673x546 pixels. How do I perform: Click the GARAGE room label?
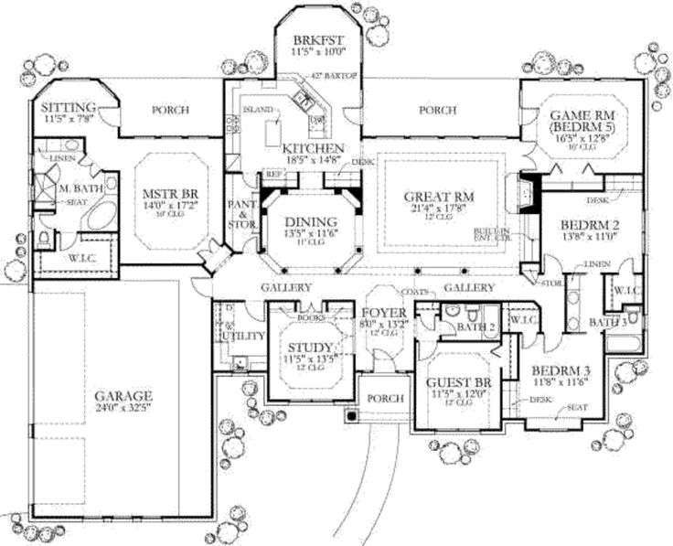point(123,397)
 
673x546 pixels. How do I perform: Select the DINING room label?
point(311,221)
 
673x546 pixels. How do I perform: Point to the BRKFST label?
point(317,40)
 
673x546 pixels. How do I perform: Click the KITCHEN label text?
point(313,148)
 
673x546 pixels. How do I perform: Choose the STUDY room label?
point(306,347)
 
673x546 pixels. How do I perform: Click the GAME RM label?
point(582,115)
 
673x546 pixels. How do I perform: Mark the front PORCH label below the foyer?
point(379,400)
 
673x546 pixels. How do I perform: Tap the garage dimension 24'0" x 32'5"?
point(123,410)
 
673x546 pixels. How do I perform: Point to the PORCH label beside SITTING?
point(170,110)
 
